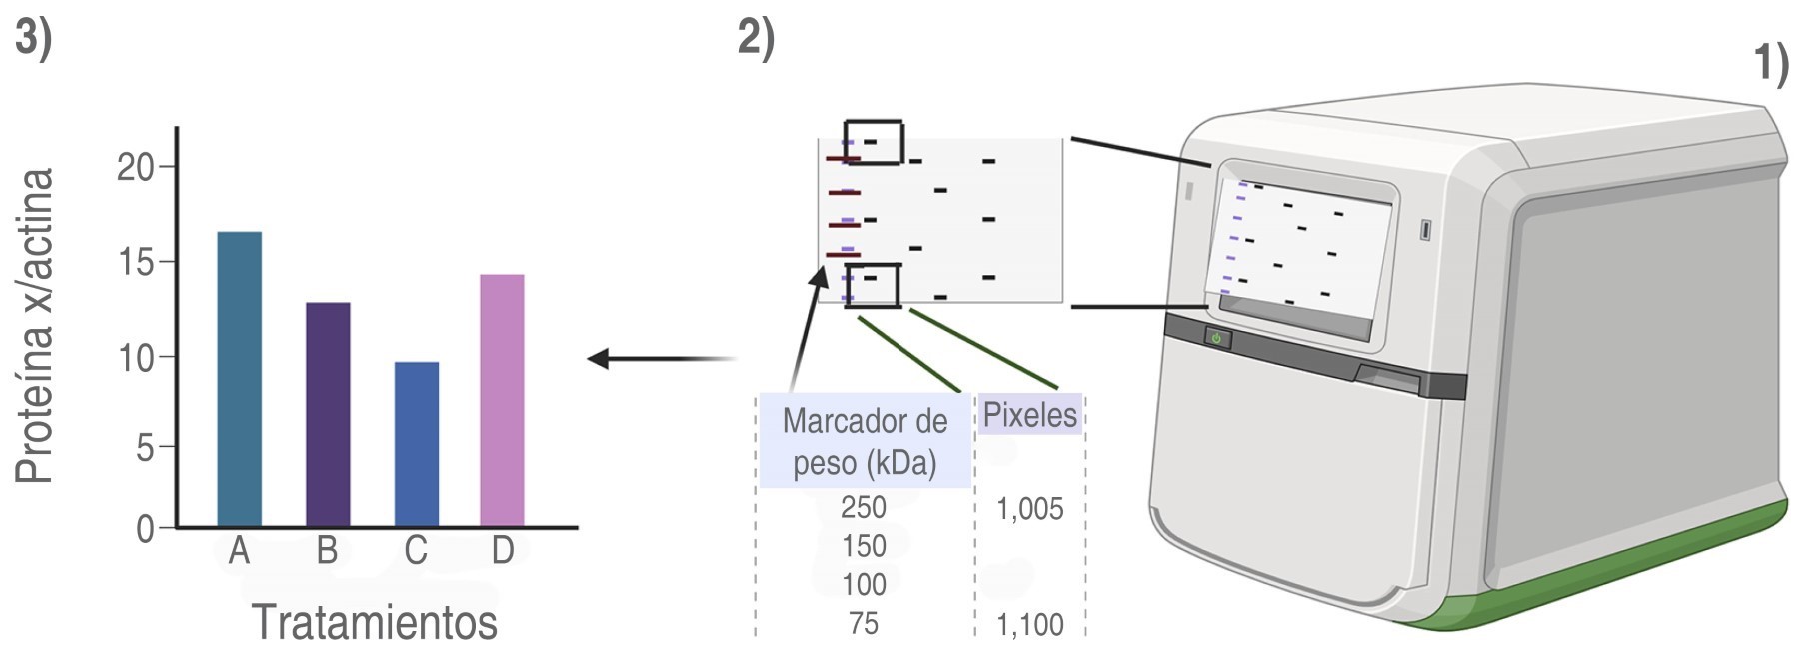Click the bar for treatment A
tap(239, 379)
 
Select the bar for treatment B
tap(328, 414)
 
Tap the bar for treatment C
tap(416, 444)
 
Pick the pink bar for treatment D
tap(502, 400)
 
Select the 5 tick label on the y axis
tap(146, 447)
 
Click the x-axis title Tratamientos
tap(374, 622)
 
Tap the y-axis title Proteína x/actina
tap(34, 326)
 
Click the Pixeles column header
tap(1029, 414)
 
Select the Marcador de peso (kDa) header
tap(865, 441)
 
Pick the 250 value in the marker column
tap(864, 507)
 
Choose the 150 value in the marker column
tap(864, 546)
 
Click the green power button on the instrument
tap(1216, 338)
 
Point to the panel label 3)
tap(33, 39)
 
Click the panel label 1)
tap(1771, 64)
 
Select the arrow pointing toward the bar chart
tap(660, 358)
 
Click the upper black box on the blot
tap(874, 142)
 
